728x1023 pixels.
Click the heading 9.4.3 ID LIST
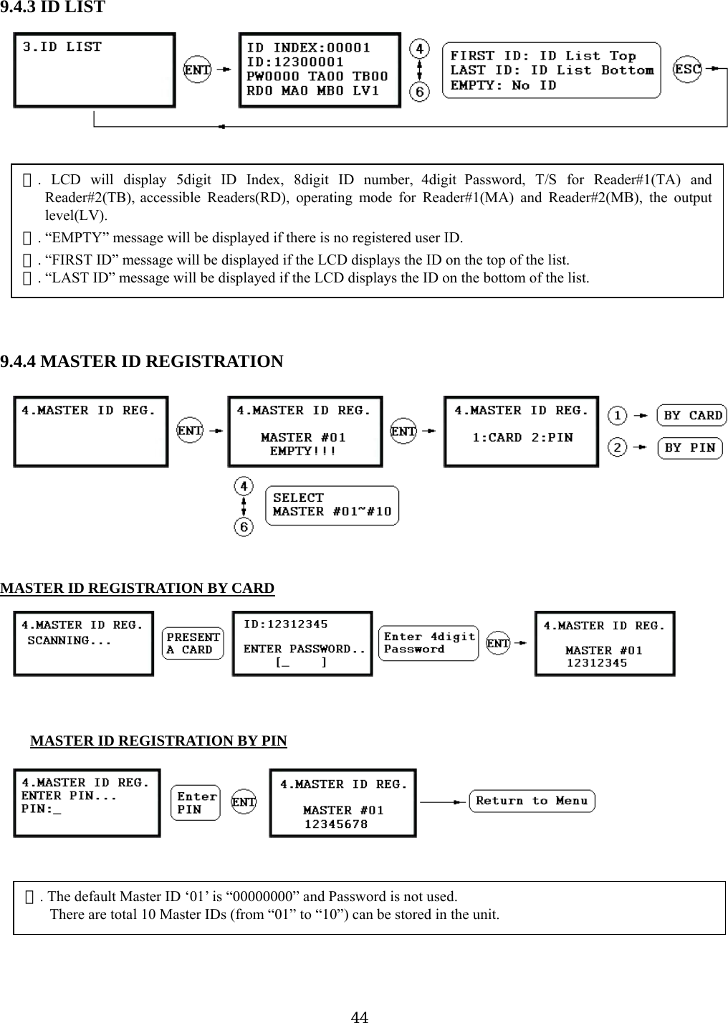coord(53,8)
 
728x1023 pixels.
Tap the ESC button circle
coord(688,70)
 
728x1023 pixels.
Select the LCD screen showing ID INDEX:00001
coord(319,70)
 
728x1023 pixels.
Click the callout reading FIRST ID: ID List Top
coord(551,70)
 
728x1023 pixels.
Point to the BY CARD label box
coord(692,416)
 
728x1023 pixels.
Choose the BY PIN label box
coord(689,448)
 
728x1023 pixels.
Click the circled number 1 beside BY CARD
coord(617,416)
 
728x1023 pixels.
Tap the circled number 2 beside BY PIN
coord(617,448)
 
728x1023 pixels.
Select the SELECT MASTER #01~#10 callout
coord(332,505)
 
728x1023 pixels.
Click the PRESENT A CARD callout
coord(193,643)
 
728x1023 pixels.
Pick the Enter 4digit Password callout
coord(428,643)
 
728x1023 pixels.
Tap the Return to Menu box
coord(532,801)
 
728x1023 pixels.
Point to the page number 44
coord(360,1016)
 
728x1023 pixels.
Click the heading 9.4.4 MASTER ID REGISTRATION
coord(142,361)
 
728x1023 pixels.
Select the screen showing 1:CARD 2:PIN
coord(521,432)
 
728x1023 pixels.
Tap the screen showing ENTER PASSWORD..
coord(302,643)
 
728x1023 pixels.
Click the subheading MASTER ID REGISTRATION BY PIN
coord(158,741)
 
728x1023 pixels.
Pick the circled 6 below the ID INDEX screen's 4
coord(419,92)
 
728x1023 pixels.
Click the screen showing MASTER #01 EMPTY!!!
coord(305,432)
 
